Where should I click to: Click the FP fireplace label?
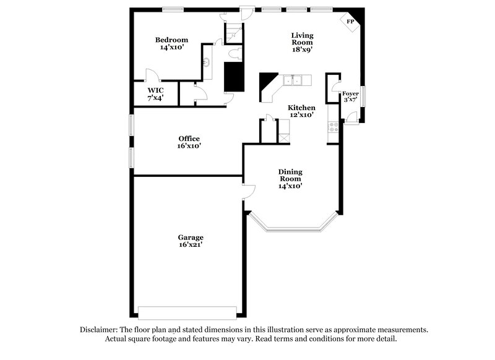pyautogui.click(x=350, y=22)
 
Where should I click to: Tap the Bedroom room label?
pyautogui.click(x=171, y=40)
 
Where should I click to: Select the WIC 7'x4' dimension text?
pyautogui.click(x=155, y=97)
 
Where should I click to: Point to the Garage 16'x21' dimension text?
pyautogui.click(x=191, y=246)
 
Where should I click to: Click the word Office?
pyautogui.click(x=189, y=138)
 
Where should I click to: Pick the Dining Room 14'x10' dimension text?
pyautogui.click(x=290, y=186)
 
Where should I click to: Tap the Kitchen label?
pyautogui.click(x=301, y=107)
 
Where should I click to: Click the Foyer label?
pyautogui.click(x=350, y=93)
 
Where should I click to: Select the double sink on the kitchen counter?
pyautogui.click(x=292, y=80)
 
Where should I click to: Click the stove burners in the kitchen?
pyautogui.click(x=334, y=128)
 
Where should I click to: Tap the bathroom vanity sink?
pyautogui.click(x=208, y=62)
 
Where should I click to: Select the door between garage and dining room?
pyautogui.click(x=249, y=191)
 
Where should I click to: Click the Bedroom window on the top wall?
pyautogui.click(x=173, y=9)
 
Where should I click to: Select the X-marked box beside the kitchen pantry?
pyautogui.click(x=283, y=138)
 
